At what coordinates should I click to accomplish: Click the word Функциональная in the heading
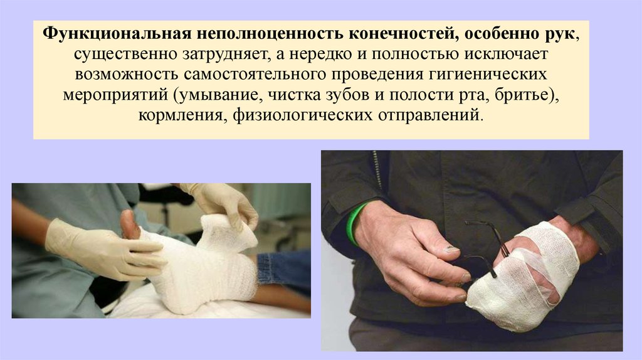(x=117, y=34)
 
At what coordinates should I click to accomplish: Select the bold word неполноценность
(x=270, y=34)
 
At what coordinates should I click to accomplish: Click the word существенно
(x=125, y=54)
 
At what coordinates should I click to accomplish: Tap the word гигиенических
(x=487, y=75)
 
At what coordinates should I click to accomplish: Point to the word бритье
(x=521, y=95)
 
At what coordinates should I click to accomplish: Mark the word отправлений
(x=429, y=115)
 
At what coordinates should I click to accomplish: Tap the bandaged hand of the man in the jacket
(x=524, y=275)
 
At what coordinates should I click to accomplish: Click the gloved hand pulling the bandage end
(x=222, y=203)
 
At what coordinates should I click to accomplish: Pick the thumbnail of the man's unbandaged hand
(x=452, y=248)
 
